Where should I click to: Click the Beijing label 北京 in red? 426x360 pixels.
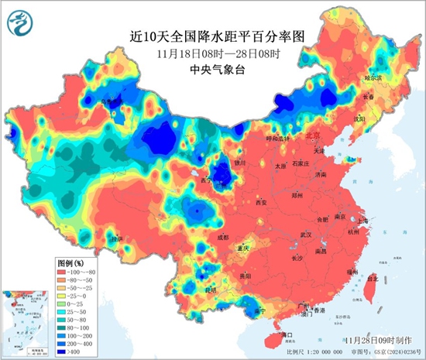[x=312, y=135]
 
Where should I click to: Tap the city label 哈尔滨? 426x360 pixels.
[x=374, y=78]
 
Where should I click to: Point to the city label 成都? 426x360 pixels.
[x=223, y=237]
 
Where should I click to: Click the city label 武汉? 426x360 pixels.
[x=306, y=235]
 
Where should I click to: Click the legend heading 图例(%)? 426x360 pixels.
[x=72, y=262]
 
